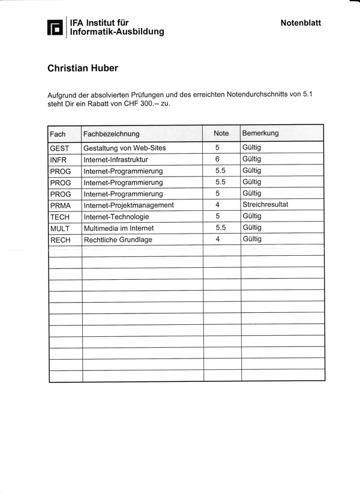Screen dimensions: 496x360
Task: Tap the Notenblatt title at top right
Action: point(301,23)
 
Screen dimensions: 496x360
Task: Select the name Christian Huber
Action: point(83,68)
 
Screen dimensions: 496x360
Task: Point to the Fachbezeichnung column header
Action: point(112,133)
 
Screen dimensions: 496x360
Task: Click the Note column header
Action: point(221,133)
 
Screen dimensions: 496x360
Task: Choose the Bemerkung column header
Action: point(260,133)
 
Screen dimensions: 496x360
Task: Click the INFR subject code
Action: point(58,160)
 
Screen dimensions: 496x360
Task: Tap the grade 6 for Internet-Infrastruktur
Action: point(217,159)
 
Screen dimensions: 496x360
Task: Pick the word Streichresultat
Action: point(265,204)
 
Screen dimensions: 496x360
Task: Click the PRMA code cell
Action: point(61,205)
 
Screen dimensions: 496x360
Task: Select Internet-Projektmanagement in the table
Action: point(128,205)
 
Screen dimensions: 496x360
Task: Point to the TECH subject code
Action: point(60,217)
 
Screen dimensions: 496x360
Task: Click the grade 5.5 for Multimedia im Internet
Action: point(220,228)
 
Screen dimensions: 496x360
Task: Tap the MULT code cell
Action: point(60,228)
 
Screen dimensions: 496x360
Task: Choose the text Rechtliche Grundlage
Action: point(118,240)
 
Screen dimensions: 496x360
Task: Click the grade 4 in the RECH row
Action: point(217,239)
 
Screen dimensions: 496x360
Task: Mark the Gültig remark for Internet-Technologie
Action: point(252,216)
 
